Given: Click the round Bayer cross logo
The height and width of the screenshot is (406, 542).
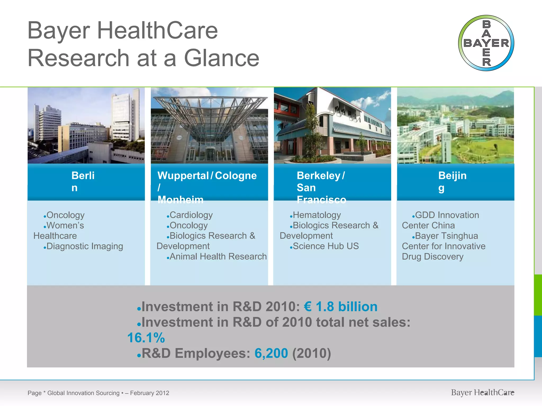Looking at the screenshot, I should click(x=486, y=43).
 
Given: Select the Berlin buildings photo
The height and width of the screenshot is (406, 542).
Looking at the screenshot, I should click(x=86, y=125).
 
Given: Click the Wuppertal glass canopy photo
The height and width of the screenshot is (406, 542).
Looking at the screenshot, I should click(x=209, y=125).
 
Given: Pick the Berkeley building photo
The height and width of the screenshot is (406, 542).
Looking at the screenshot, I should click(x=332, y=125).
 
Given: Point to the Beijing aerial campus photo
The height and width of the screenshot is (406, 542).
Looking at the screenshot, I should click(x=455, y=125).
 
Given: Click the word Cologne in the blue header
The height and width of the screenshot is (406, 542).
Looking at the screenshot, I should click(x=236, y=176).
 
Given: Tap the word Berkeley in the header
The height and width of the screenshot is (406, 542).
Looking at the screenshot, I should click(x=319, y=176).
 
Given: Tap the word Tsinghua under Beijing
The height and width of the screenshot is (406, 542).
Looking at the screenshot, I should click(x=460, y=236).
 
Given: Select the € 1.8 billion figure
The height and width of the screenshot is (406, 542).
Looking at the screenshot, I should click(x=341, y=307).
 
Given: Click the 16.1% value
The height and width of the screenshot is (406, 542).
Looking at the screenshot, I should click(x=146, y=338).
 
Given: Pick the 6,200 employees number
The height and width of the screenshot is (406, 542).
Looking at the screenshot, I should click(x=271, y=353).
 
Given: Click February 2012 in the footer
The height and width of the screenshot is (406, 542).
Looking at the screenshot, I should click(x=150, y=393).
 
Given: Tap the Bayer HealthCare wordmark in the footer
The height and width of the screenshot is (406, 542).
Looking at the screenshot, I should click(x=482, y=393).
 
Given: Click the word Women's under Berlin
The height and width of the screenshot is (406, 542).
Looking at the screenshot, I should click(x=65, y=225).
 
